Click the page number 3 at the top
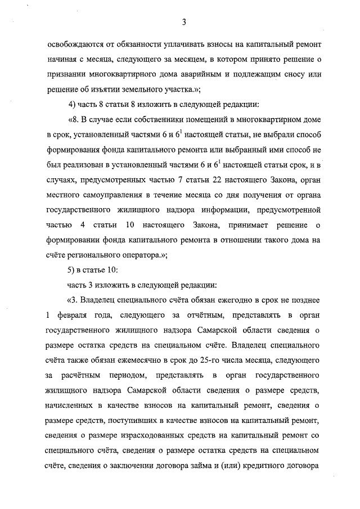[x=184, y=22]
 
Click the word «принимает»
[x=235, y=226]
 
